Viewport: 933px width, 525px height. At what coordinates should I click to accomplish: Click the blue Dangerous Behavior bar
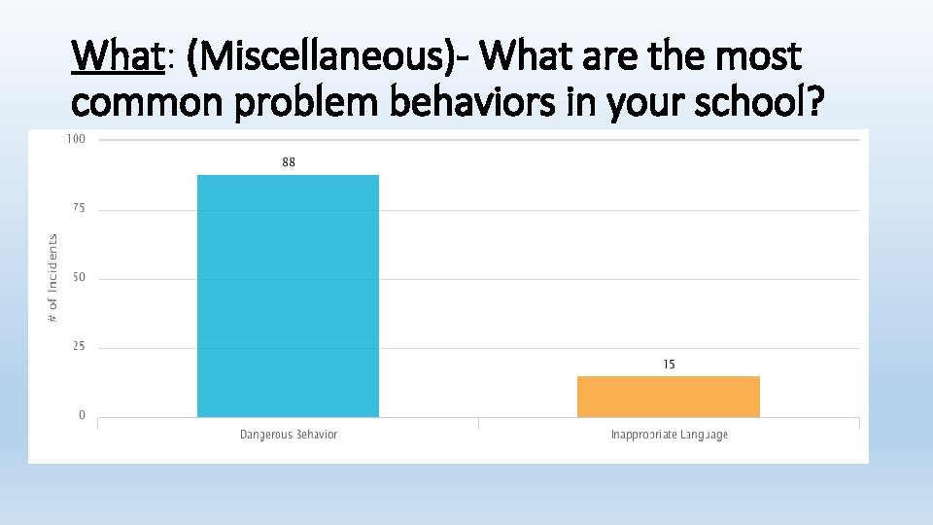(288, 297)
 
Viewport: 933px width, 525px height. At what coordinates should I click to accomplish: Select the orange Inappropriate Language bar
(669, 397)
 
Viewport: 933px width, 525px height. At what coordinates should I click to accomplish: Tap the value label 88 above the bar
(289, 162)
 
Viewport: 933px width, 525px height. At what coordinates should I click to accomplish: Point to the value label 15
(669, 364)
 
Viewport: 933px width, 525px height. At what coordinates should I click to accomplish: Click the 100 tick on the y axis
(76, 139)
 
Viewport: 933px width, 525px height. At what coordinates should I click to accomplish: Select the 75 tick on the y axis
(79, 208)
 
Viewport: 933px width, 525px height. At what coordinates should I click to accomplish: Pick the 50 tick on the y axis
(79, 277)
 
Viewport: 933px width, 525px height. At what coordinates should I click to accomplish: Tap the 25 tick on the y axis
(79, 347)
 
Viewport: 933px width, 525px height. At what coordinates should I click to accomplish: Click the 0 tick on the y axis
(82, 416)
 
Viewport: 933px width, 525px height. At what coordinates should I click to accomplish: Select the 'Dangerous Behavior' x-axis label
(289, 435)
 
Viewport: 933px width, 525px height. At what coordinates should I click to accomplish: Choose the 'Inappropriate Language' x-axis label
(669, 435)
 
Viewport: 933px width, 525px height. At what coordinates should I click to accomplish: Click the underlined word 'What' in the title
(116, 57)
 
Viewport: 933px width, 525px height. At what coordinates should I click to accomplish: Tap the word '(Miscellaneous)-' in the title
(329, 57)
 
